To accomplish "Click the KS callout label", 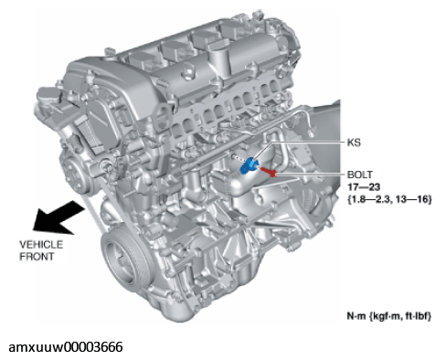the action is coord(354,143).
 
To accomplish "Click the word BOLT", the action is coord(360,175).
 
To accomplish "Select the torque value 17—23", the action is coord(364,186).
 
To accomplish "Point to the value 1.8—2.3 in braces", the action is coord(369,199).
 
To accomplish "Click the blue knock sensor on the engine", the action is coord(249,165).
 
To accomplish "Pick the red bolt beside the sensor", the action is coord(269,172).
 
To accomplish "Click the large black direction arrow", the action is coord(58,217).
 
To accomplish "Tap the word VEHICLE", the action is coord(41,245).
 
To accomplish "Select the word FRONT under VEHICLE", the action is coord(37,257).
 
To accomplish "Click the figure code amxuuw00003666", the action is coord(66,347).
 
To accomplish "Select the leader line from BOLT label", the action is coord(310,175).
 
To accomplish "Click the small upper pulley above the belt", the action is coord(75,175).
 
